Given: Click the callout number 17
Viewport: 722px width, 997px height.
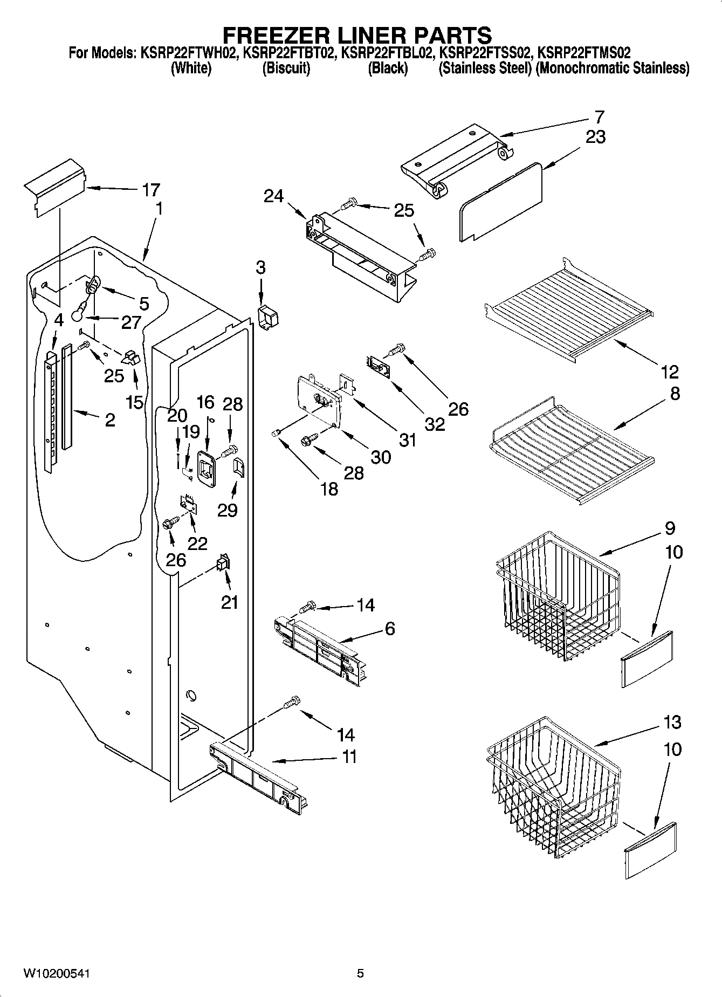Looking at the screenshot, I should (151, 190).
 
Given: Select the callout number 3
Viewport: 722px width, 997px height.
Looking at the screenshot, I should (260, 267).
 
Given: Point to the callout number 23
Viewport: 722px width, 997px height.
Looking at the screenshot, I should (595, 137).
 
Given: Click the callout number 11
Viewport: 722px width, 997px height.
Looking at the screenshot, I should (349, 757).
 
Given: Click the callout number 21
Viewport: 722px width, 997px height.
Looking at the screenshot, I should (229, 602).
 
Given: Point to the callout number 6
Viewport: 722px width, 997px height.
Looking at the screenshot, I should (389, 628).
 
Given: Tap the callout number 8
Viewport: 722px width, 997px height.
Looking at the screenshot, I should (675, 394).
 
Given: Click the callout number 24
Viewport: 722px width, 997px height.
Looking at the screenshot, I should (273, 196).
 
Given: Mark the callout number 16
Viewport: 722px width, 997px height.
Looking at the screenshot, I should (205, 402).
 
